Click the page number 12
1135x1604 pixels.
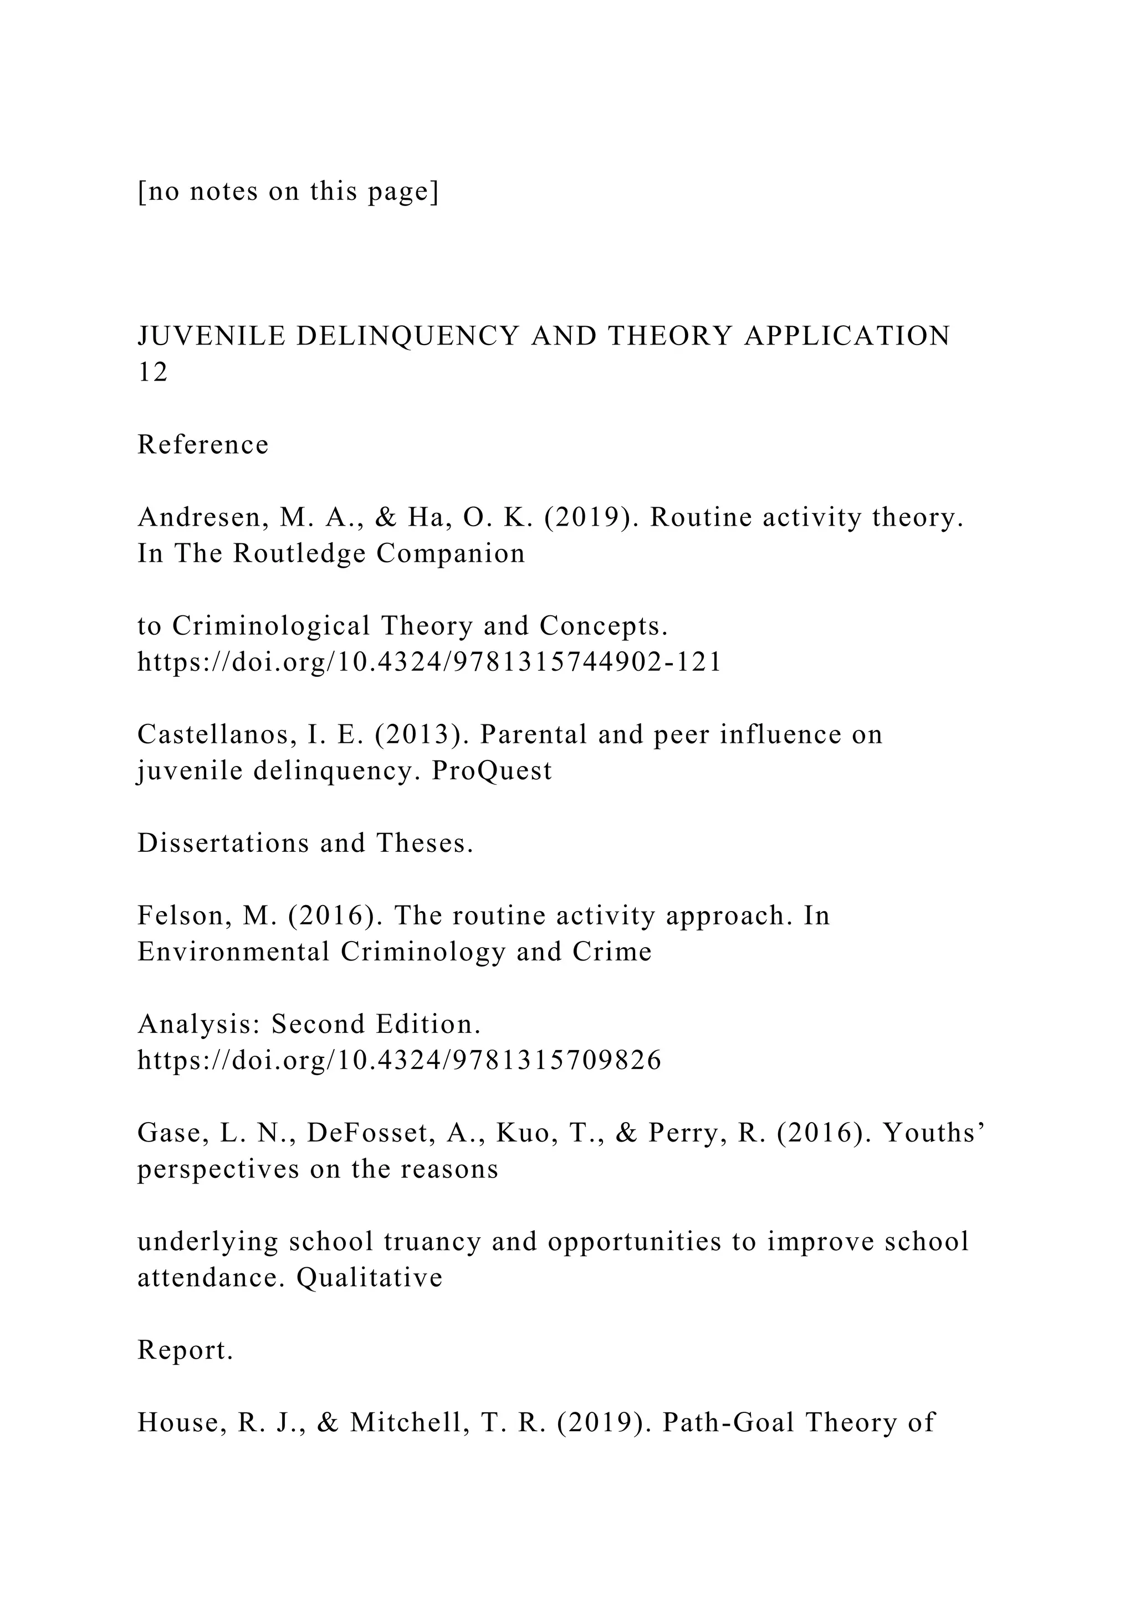[x=152, y=373]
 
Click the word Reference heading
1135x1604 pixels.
[x=203, y=445]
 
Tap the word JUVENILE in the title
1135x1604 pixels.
[x=211, y=336]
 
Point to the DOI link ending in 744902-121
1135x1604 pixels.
[x=429, y=661]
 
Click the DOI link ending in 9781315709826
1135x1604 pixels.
[x=399, y=1061]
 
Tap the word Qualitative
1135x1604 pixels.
[x=370, y=1278]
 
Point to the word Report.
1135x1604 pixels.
[x=185, y=1350]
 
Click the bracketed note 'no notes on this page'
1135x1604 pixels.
[x=288, y=192]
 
